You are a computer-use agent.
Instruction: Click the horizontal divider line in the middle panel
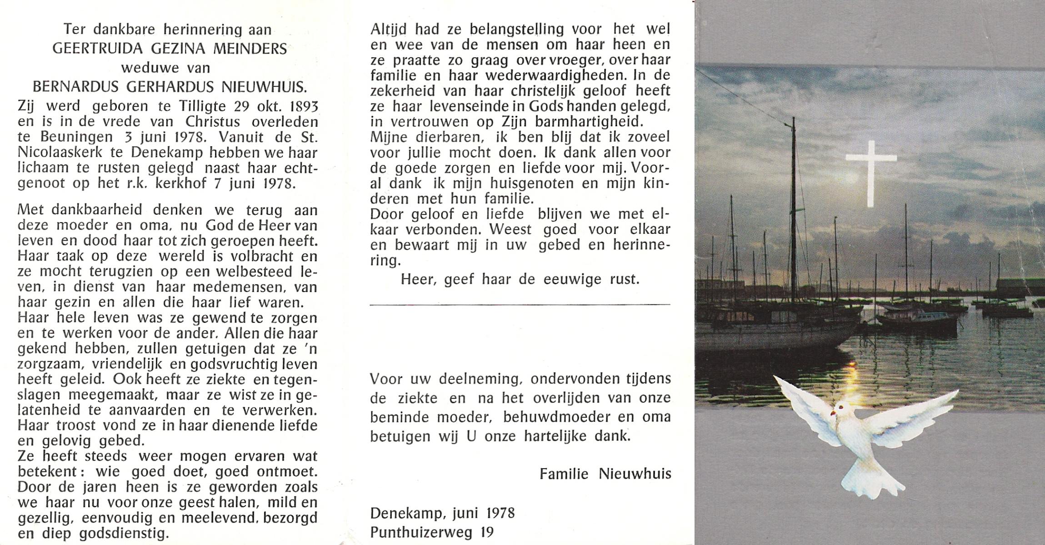tap(520, 304)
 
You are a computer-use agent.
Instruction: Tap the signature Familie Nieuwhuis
tap(605, 474)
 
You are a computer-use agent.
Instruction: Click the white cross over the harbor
tap(870, 173)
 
